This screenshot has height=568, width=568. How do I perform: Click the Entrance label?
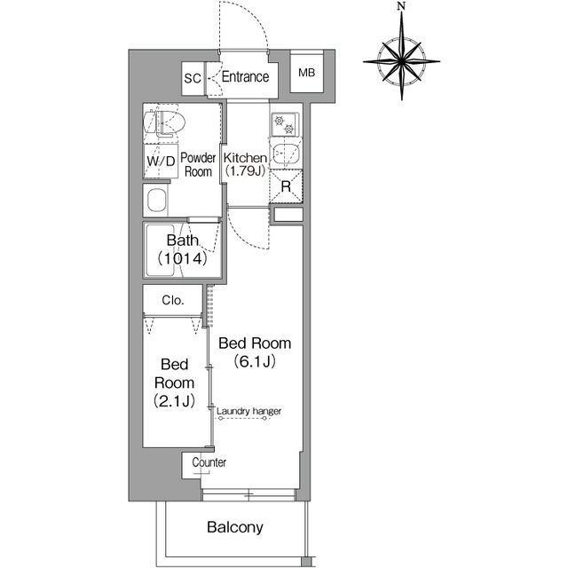point(245,77)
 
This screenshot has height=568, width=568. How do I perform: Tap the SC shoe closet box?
point(193,79)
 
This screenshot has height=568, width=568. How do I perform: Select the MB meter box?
point(306,73)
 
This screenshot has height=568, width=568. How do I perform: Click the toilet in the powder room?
point(164,122)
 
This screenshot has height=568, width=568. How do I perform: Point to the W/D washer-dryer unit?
point(161,161)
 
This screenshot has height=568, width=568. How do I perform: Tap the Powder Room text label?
point(198,164)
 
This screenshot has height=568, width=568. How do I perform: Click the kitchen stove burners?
point(285,124)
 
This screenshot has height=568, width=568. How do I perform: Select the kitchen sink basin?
point(286,154)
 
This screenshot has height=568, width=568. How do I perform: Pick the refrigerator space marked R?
point(286,186)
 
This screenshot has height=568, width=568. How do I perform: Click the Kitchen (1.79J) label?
point(245,164)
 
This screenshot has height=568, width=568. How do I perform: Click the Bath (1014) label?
point(183,249)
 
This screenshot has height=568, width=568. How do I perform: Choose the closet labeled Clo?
point(173,299)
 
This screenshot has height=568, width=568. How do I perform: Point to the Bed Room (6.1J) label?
point(255,352)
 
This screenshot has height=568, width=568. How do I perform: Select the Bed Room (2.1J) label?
point(174,383)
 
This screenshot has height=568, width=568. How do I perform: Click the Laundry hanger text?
point(248,411)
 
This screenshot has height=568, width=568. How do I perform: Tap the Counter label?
point(209,462)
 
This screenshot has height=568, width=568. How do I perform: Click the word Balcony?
point(235,527)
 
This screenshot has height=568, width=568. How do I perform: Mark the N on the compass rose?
point(401,6)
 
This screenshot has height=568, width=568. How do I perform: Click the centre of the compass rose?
point(401,61)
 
